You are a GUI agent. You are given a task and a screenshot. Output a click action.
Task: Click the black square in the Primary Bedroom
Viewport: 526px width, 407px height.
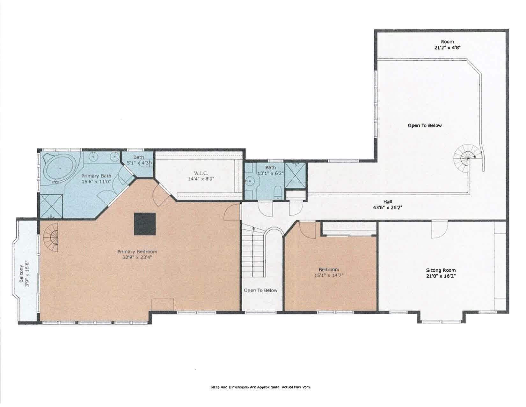(145, 224)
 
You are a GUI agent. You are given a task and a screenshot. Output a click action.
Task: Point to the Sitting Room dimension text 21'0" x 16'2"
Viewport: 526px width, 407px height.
(441, 276)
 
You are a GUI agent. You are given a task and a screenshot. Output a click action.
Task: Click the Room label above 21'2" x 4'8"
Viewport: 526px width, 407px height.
(447, 41)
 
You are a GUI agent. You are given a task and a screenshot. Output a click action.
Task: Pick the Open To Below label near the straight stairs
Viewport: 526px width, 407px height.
(260, 290)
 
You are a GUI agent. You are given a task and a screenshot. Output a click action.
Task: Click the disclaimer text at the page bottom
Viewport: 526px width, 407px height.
(260, 387)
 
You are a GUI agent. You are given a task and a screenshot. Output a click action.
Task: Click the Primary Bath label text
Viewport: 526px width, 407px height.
(96, 176)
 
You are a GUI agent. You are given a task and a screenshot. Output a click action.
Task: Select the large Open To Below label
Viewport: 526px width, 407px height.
(425, 125)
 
